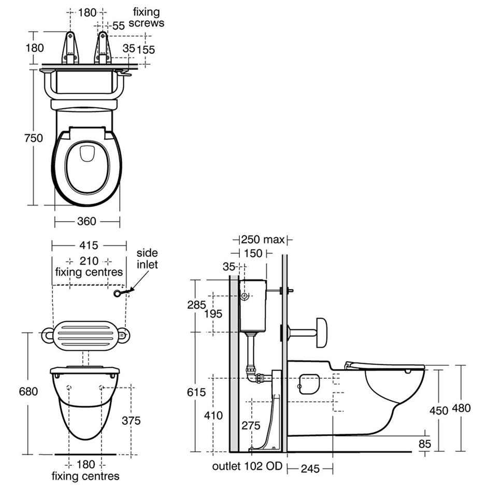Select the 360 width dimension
[x=87, y=221]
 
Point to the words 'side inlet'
[x=147, y=259]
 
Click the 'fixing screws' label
[x=147, y=17]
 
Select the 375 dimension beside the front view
[x=131, y=421]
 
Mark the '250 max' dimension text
[x=263, y=239]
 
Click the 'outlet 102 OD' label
[x=247, y=466]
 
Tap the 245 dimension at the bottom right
[x=309, y=468]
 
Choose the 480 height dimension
[x=461, y=408]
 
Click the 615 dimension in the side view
[x=196, y=392]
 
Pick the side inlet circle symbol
[x=118, y=294]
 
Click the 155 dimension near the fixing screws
[x=147, y=49]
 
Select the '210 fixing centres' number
[x=89, y=260]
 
